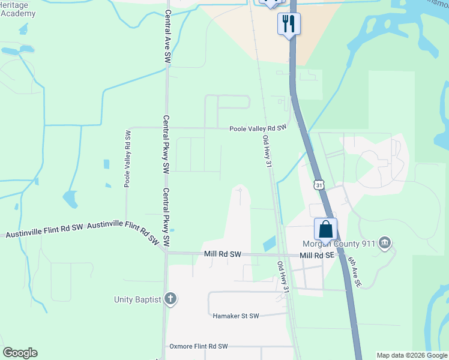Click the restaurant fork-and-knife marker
click(289, 24)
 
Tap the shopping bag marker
click(325, 229)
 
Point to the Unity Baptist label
click(138, 299)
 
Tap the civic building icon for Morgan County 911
click(385, 243)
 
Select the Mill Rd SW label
click(223, 254)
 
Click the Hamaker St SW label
click(235, 316)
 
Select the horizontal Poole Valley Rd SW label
click(258, 128)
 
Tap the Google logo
click(20, 352)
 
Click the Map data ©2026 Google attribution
click(412, 355)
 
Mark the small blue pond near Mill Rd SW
click(270, 243)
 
